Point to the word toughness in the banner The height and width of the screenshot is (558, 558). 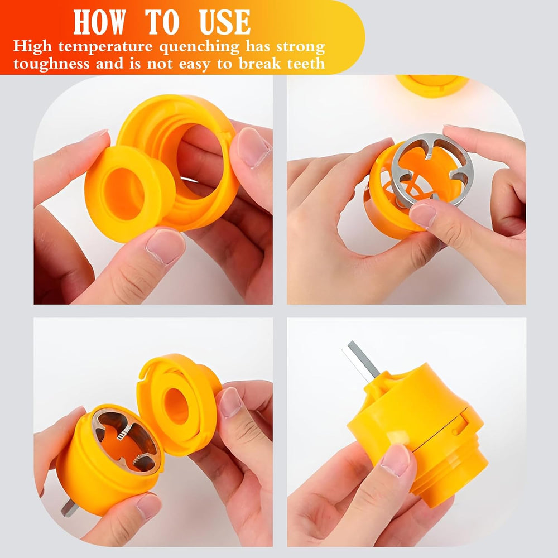[51, 63]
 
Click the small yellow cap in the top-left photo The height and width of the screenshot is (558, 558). [128, 193]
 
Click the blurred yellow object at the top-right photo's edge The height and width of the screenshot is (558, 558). [432, 84]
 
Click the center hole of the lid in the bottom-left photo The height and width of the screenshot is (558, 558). [175, 405]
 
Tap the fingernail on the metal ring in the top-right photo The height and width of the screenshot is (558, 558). [422, 215]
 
